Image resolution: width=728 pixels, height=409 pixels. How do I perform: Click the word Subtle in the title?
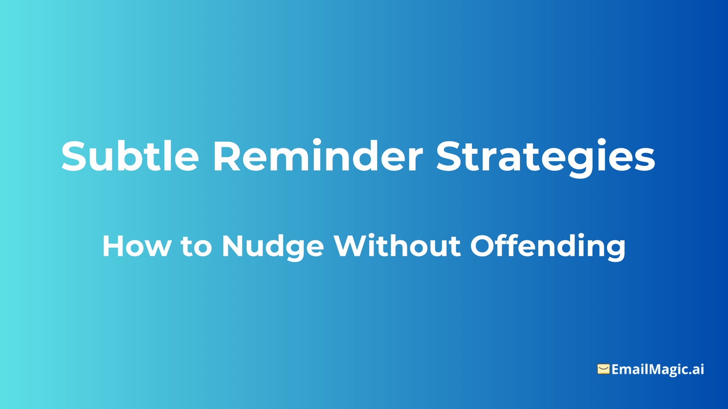pyautogui.click(x=130, y=156)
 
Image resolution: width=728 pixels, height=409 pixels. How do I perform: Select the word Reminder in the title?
pyautogui.click(x=318, y=156)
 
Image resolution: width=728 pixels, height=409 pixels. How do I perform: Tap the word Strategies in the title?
pyautogui.click(x=546, y=156)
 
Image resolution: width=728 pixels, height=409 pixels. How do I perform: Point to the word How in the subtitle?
pyautogui.click(x=136, y=246)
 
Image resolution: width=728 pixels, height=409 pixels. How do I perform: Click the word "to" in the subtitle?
pyautogui.click(x=197, y=247)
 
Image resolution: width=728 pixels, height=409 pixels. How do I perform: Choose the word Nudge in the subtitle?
pyautogui.click(x=273, y=247)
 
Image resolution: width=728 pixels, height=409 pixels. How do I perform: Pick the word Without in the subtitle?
pyautogui.click(x=397, y=246)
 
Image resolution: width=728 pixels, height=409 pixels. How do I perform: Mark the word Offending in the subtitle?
pyautogui.click(x=547, y=247)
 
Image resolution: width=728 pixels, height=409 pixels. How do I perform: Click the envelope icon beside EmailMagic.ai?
pyautogui.click(x=603, y=369)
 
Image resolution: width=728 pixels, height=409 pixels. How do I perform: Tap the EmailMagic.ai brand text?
pyautogui.click(x=657, y=369)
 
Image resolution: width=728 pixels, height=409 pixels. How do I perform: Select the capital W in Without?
pyautogui.click(x=349, y=246)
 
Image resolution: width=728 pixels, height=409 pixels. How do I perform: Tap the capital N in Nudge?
pyautogui.click(x=233, y=246)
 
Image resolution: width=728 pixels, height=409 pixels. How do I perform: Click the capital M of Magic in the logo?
pyautogui.click(x=656, y=369)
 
